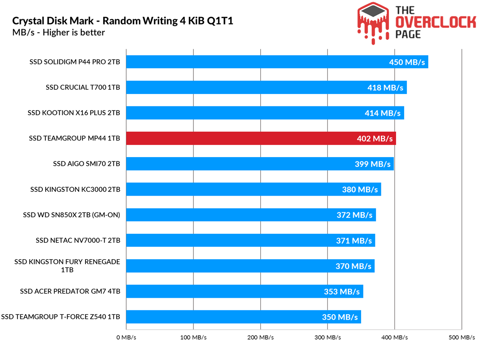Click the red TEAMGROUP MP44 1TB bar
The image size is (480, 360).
(254, 138)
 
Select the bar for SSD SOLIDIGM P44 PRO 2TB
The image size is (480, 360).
(254, 62)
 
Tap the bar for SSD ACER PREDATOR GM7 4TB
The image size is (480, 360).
(237, 291)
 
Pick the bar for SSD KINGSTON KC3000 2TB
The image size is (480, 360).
(246, 189)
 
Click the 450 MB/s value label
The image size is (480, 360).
(407, 62)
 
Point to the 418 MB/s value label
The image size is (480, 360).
(385, 88)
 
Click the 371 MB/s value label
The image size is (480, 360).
(354, 241)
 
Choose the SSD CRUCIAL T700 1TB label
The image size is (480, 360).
(83, 88)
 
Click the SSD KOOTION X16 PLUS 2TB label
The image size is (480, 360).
(74, 113)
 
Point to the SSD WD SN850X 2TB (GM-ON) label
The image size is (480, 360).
(72, 215)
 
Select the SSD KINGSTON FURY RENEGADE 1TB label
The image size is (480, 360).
(67, 266)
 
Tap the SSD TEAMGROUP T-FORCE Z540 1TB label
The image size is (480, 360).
(61, 317)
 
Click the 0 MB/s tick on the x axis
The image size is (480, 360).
(126, 338)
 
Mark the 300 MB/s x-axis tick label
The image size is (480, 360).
(328, 338)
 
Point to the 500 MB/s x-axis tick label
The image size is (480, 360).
(461, 338)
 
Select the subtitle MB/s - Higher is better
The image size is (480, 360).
(58, 32)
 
